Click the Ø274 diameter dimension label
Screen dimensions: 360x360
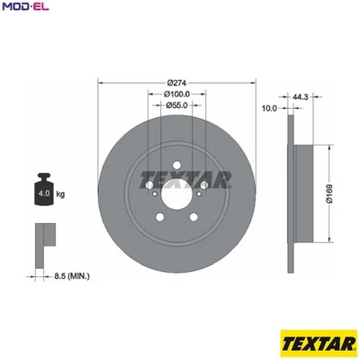pyautogui.click(x=176, y=82)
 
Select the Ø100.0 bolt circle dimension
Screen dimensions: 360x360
pyautogui.click(x=176, y=94)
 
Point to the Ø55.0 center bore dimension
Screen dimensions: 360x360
pyautogui.click(x=176, y=105)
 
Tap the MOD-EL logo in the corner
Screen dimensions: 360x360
pyautogui.click(x=26, y=9)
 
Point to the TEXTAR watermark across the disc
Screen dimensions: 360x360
pyautogui.click(x=176, y=176)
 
